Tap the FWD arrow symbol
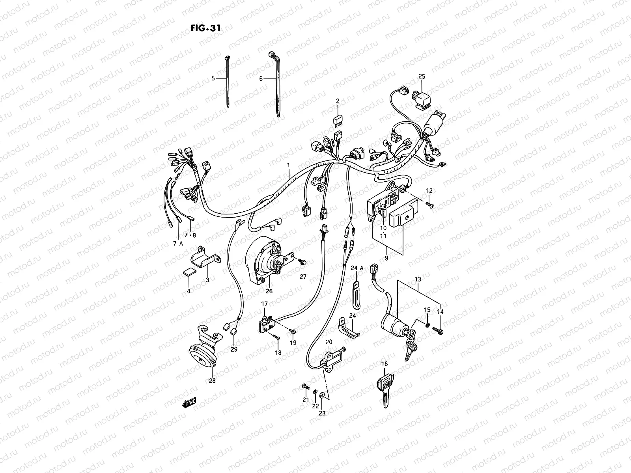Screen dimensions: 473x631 [x=189, y=402]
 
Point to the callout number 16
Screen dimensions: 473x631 [x=385, y=364]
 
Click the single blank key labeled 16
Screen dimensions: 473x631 [x=385, y=388]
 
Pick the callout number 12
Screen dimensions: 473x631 [x=429, y=191]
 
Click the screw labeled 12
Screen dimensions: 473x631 [x=429, y=205]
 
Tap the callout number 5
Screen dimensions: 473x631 [x=213, y=78]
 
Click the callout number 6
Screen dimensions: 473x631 [x=261, y=78]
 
